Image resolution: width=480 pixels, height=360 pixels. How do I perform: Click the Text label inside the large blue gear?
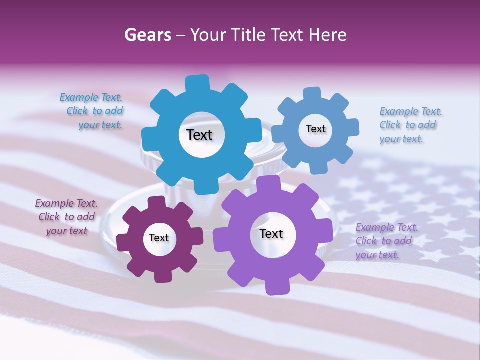click(x=199, y=135)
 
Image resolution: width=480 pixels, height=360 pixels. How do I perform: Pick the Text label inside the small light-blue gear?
click(x=315, y=129)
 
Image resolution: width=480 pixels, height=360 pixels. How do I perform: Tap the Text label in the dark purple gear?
click(x=159, y=238)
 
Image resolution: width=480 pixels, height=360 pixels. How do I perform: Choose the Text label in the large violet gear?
click(x=271, y=233)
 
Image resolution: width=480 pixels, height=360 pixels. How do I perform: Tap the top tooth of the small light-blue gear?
click(x=312, y=94)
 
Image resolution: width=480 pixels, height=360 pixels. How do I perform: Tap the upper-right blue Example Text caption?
click(x=410, y=125)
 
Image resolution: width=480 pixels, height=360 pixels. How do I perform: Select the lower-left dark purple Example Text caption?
click(x=66, y=217)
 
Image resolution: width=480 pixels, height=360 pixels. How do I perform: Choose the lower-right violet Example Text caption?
click(x=385, y=241)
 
